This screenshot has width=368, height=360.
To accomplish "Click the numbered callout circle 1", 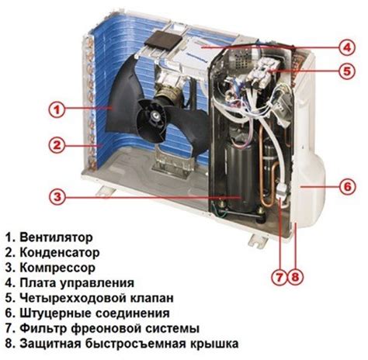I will click(x=54, y=109).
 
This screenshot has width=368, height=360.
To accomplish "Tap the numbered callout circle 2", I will click(x=54, y=144).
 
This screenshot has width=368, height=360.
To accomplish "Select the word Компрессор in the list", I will click(x=57, y=267).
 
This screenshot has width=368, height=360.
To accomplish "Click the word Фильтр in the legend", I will click(x=44, y=328).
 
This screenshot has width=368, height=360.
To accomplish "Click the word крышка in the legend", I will click(x=214, y=344).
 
